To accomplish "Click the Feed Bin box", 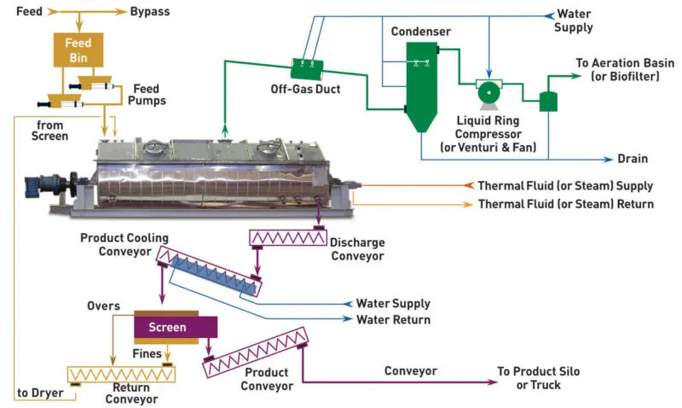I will click(x=78, y=49).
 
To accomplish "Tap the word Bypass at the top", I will click(x=150, y=12).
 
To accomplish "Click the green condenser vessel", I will click(x=418, y=85).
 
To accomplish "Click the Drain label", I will click(x=633, y=159).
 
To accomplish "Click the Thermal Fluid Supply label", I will click(x=565, y=185).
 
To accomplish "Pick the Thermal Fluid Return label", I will click(x=565, y=204).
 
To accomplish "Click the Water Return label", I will click(x=393, y=320).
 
